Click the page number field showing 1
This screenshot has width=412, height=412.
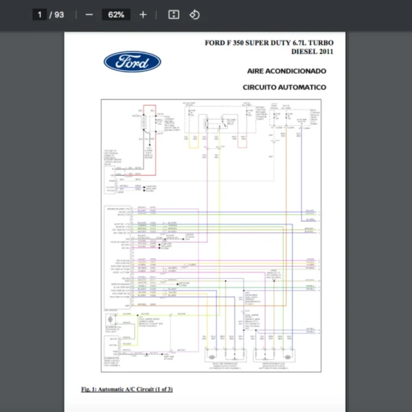click(40, 14)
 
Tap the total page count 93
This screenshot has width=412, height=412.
click(59, 14)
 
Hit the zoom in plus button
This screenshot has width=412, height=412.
click(143, 14)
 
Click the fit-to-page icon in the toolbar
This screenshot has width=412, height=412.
click(174, 14)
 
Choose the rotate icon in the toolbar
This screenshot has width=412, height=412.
click(194, 14)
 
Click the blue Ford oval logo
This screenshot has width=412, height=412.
click(133, 62)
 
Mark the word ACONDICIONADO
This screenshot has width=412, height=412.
click(299, 71)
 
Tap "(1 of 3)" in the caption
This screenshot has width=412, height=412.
click(162, 389)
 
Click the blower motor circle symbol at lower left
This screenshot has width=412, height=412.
click(110, 321)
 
